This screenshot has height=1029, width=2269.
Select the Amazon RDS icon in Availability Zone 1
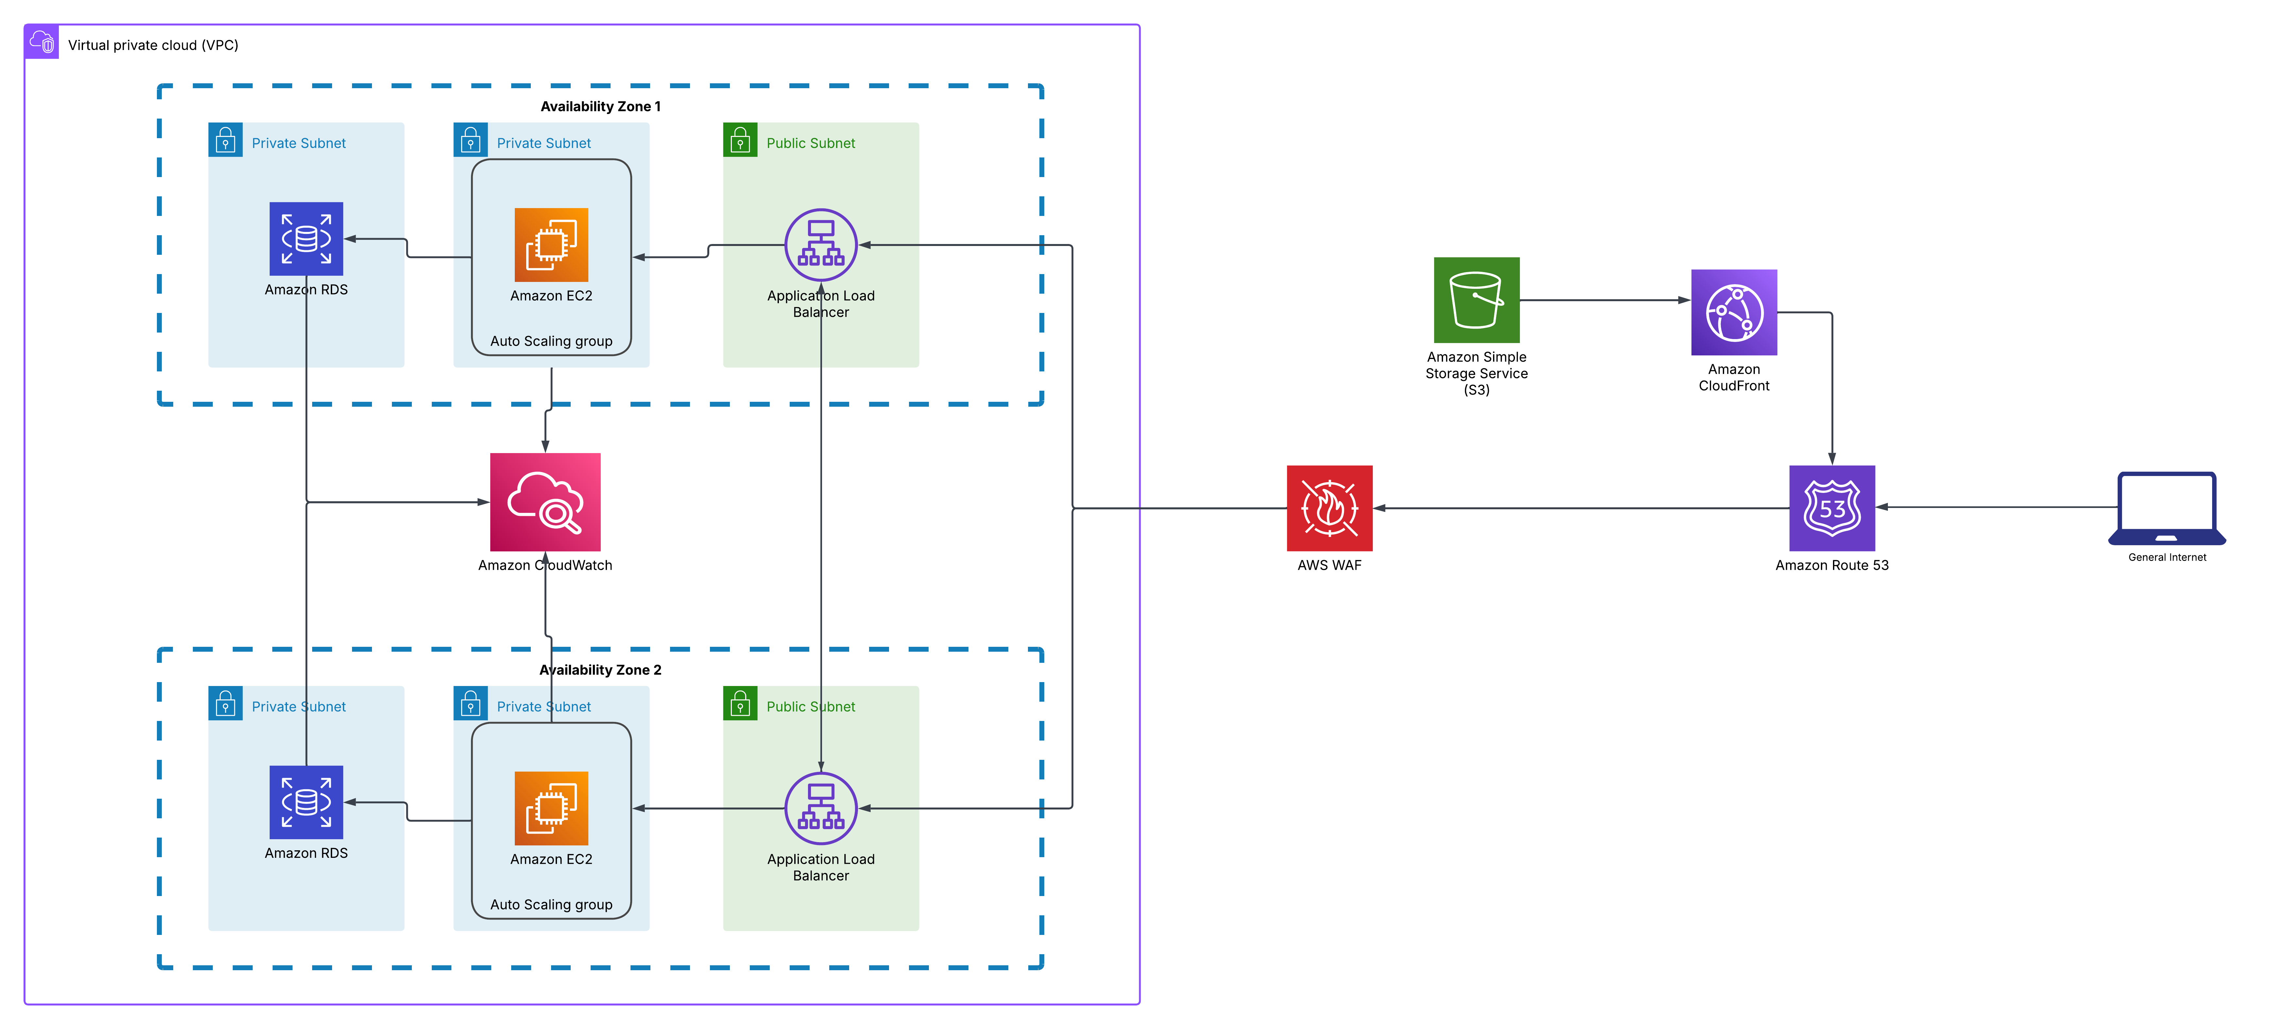click(x=306, y=238)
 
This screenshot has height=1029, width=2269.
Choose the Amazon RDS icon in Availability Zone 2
click(x=306, y=802)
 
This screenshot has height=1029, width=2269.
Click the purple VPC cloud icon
click(x=42, y=41)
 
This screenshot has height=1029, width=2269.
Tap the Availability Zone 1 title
click(x=600, y=106)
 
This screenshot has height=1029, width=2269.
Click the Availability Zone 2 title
click(x=600, y=670)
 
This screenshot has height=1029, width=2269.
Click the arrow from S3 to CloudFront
click(x=1603, y=300)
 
